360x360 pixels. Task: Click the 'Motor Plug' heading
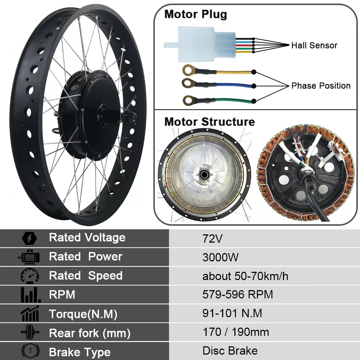click(x=195, y=14)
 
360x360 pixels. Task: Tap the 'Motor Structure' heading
click(x=210, y=122)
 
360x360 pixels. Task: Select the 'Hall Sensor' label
click(x=314, y=45)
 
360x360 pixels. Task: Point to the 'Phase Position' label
click(x=321, y=86)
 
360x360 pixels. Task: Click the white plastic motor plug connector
click(x=200, y=44)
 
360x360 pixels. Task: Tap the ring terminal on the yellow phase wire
click(x=189, y=70)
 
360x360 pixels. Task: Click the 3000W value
click(x=220, y=257)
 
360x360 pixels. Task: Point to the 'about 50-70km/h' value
click(x=245, y=276)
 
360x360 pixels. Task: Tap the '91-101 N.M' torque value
click(x=232, y=313)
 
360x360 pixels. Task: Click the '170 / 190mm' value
click(x=236, y=332)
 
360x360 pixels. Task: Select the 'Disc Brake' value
click(x=230, y=351)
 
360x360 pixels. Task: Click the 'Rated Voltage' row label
click(x=87, y=237)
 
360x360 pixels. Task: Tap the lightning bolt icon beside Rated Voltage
click(x=29, y=239)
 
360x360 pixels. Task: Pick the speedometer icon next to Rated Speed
click(x=30, y=276)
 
